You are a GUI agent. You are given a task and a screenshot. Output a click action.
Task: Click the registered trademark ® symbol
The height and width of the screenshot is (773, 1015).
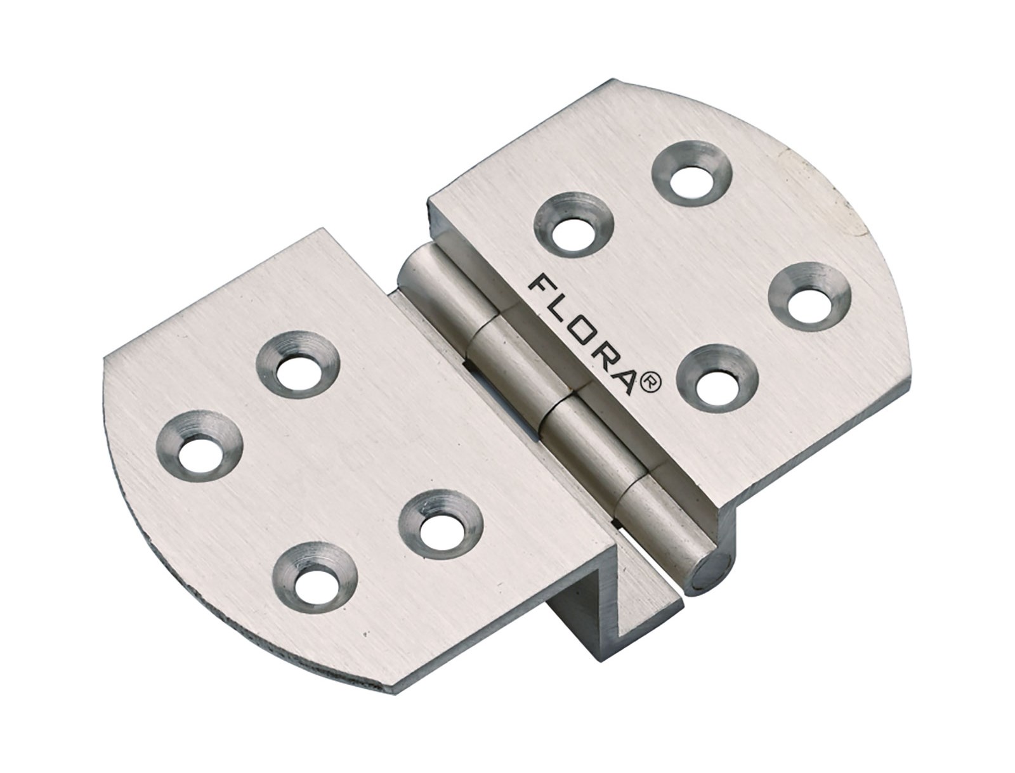click(x=653, y=383)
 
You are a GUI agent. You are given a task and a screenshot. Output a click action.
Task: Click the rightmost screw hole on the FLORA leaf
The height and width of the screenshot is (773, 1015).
click(x=806, y=296)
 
